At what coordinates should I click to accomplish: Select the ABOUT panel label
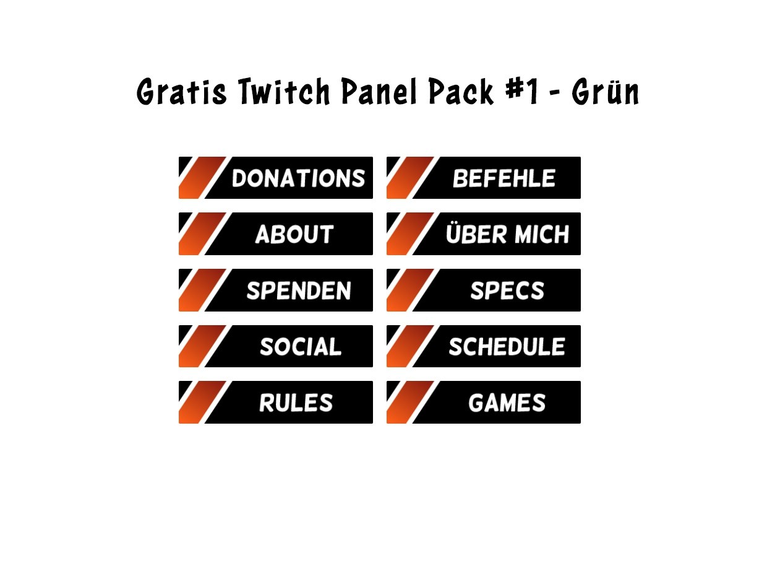pos(294,234)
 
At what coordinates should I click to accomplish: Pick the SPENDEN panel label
pos(298,290)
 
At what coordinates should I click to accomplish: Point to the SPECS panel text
pos(507,290)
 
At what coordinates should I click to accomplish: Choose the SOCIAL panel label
pos(301,346)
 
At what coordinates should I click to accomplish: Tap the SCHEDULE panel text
pos(507,346)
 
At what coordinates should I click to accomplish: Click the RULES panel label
pos(296,402)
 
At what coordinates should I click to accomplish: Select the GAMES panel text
pos(507,402)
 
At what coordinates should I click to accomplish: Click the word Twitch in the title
pos(285,91)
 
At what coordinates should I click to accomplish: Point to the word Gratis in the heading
pos(182,91)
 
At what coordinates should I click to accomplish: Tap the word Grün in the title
pos(605,91)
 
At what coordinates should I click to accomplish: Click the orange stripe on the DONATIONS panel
pos(202,178)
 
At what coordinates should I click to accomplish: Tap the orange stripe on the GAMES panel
pos(410,402)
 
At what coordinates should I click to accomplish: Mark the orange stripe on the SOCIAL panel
pos(202,346)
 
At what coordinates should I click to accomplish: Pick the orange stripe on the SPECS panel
pos(410,290)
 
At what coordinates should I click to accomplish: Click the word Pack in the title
pos(461,91)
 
